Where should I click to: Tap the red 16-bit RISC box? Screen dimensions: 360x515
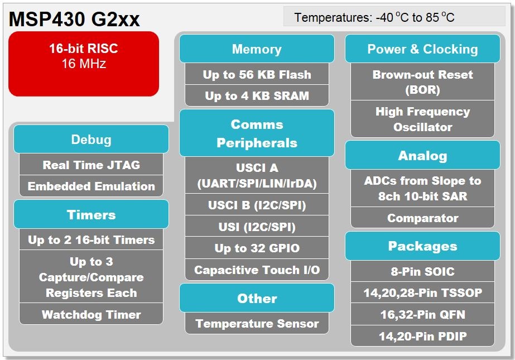84,63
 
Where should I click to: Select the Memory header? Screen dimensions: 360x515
257,49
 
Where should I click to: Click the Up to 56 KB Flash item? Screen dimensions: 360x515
257,75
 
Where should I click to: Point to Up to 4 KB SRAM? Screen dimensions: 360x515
257,96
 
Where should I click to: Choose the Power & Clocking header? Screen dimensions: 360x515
422,49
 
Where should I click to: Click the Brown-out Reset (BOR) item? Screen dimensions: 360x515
422,82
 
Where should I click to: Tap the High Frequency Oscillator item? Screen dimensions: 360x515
422,119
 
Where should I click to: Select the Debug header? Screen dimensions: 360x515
91,140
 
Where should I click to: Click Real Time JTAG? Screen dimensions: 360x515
91,165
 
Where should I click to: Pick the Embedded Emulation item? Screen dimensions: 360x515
91,186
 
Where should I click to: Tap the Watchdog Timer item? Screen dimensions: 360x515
91,314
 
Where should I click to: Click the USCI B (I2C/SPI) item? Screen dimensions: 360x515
257,205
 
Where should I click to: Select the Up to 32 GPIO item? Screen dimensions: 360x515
257,248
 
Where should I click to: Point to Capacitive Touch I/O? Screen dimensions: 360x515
257,270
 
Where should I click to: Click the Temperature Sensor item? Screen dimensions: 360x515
257,324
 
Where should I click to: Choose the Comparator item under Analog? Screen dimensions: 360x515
422,218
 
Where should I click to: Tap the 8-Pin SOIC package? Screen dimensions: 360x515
422,272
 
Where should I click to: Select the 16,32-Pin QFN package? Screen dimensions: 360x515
422,315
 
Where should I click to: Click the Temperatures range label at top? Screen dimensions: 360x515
374,17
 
